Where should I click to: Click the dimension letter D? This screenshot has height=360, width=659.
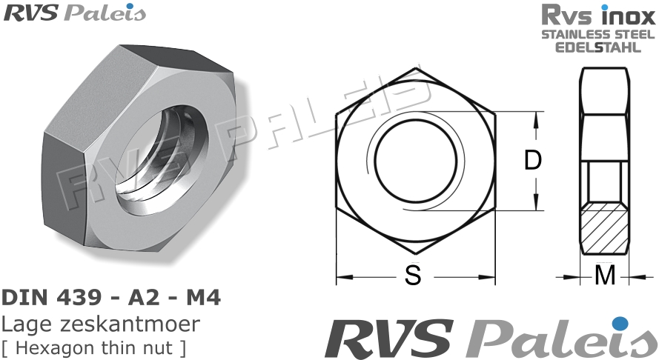click(x=533, y=161)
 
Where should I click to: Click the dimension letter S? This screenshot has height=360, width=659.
click(x=413, y=276)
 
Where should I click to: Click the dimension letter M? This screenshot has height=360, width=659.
click(x=606, y=276)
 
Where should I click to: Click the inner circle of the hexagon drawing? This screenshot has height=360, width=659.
click(x=414, y=161)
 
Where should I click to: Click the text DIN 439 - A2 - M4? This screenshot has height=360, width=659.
click(x=111, y=299)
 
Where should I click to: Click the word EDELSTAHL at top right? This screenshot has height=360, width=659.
click(x=598, y=47)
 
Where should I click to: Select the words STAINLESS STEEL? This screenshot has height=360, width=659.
click(x=598, y=35)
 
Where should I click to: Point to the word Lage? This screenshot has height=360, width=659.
click(x=23, y=324)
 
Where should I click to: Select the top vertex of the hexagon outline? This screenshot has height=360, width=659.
click(x=414, y=69)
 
